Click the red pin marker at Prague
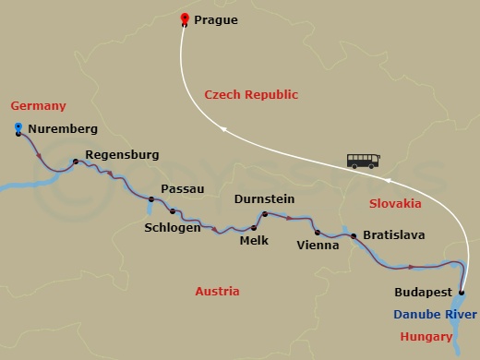point(185,19)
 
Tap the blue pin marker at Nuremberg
point(18,128)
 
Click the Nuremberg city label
point(64,128)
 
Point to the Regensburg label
point(122,155)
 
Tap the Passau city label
point(183,188)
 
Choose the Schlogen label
point(174,227)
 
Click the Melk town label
point(254,242)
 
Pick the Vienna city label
point(317,246)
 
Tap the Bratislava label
point(394,235)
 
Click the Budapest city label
point(423,292)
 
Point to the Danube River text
point(435,315)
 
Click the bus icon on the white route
point(363,161)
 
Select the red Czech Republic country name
point(251,94)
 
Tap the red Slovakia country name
point(395,202)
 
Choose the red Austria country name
point(217,292)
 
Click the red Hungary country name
point(427,337)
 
